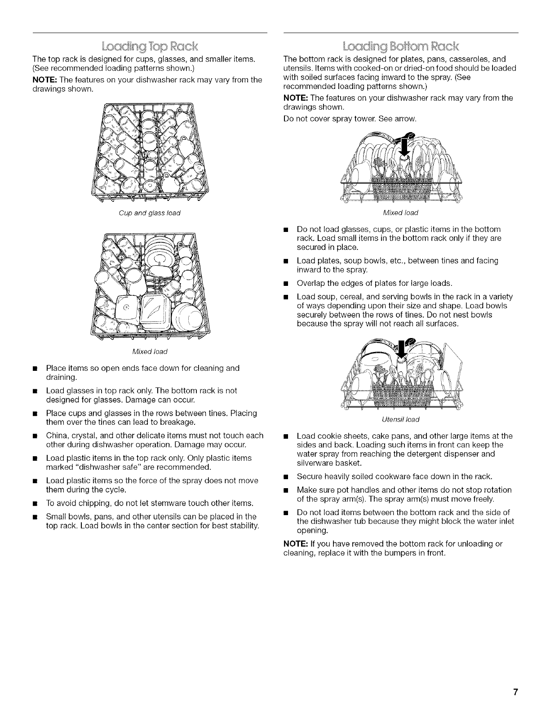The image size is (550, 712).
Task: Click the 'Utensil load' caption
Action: pyautogui.click(x=400, y=419)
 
